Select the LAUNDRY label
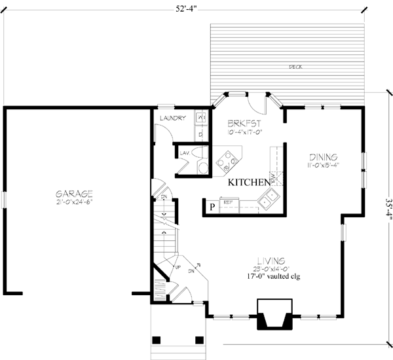click(x=174, y=118)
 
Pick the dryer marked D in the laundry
click(x=201, y=134)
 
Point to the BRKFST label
click(x=245, y=123)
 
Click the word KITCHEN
click(x=247, y=183)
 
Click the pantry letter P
click(x=212, y=207)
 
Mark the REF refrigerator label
click(x=229, y=203)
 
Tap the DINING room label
click(x=323, y=157)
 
